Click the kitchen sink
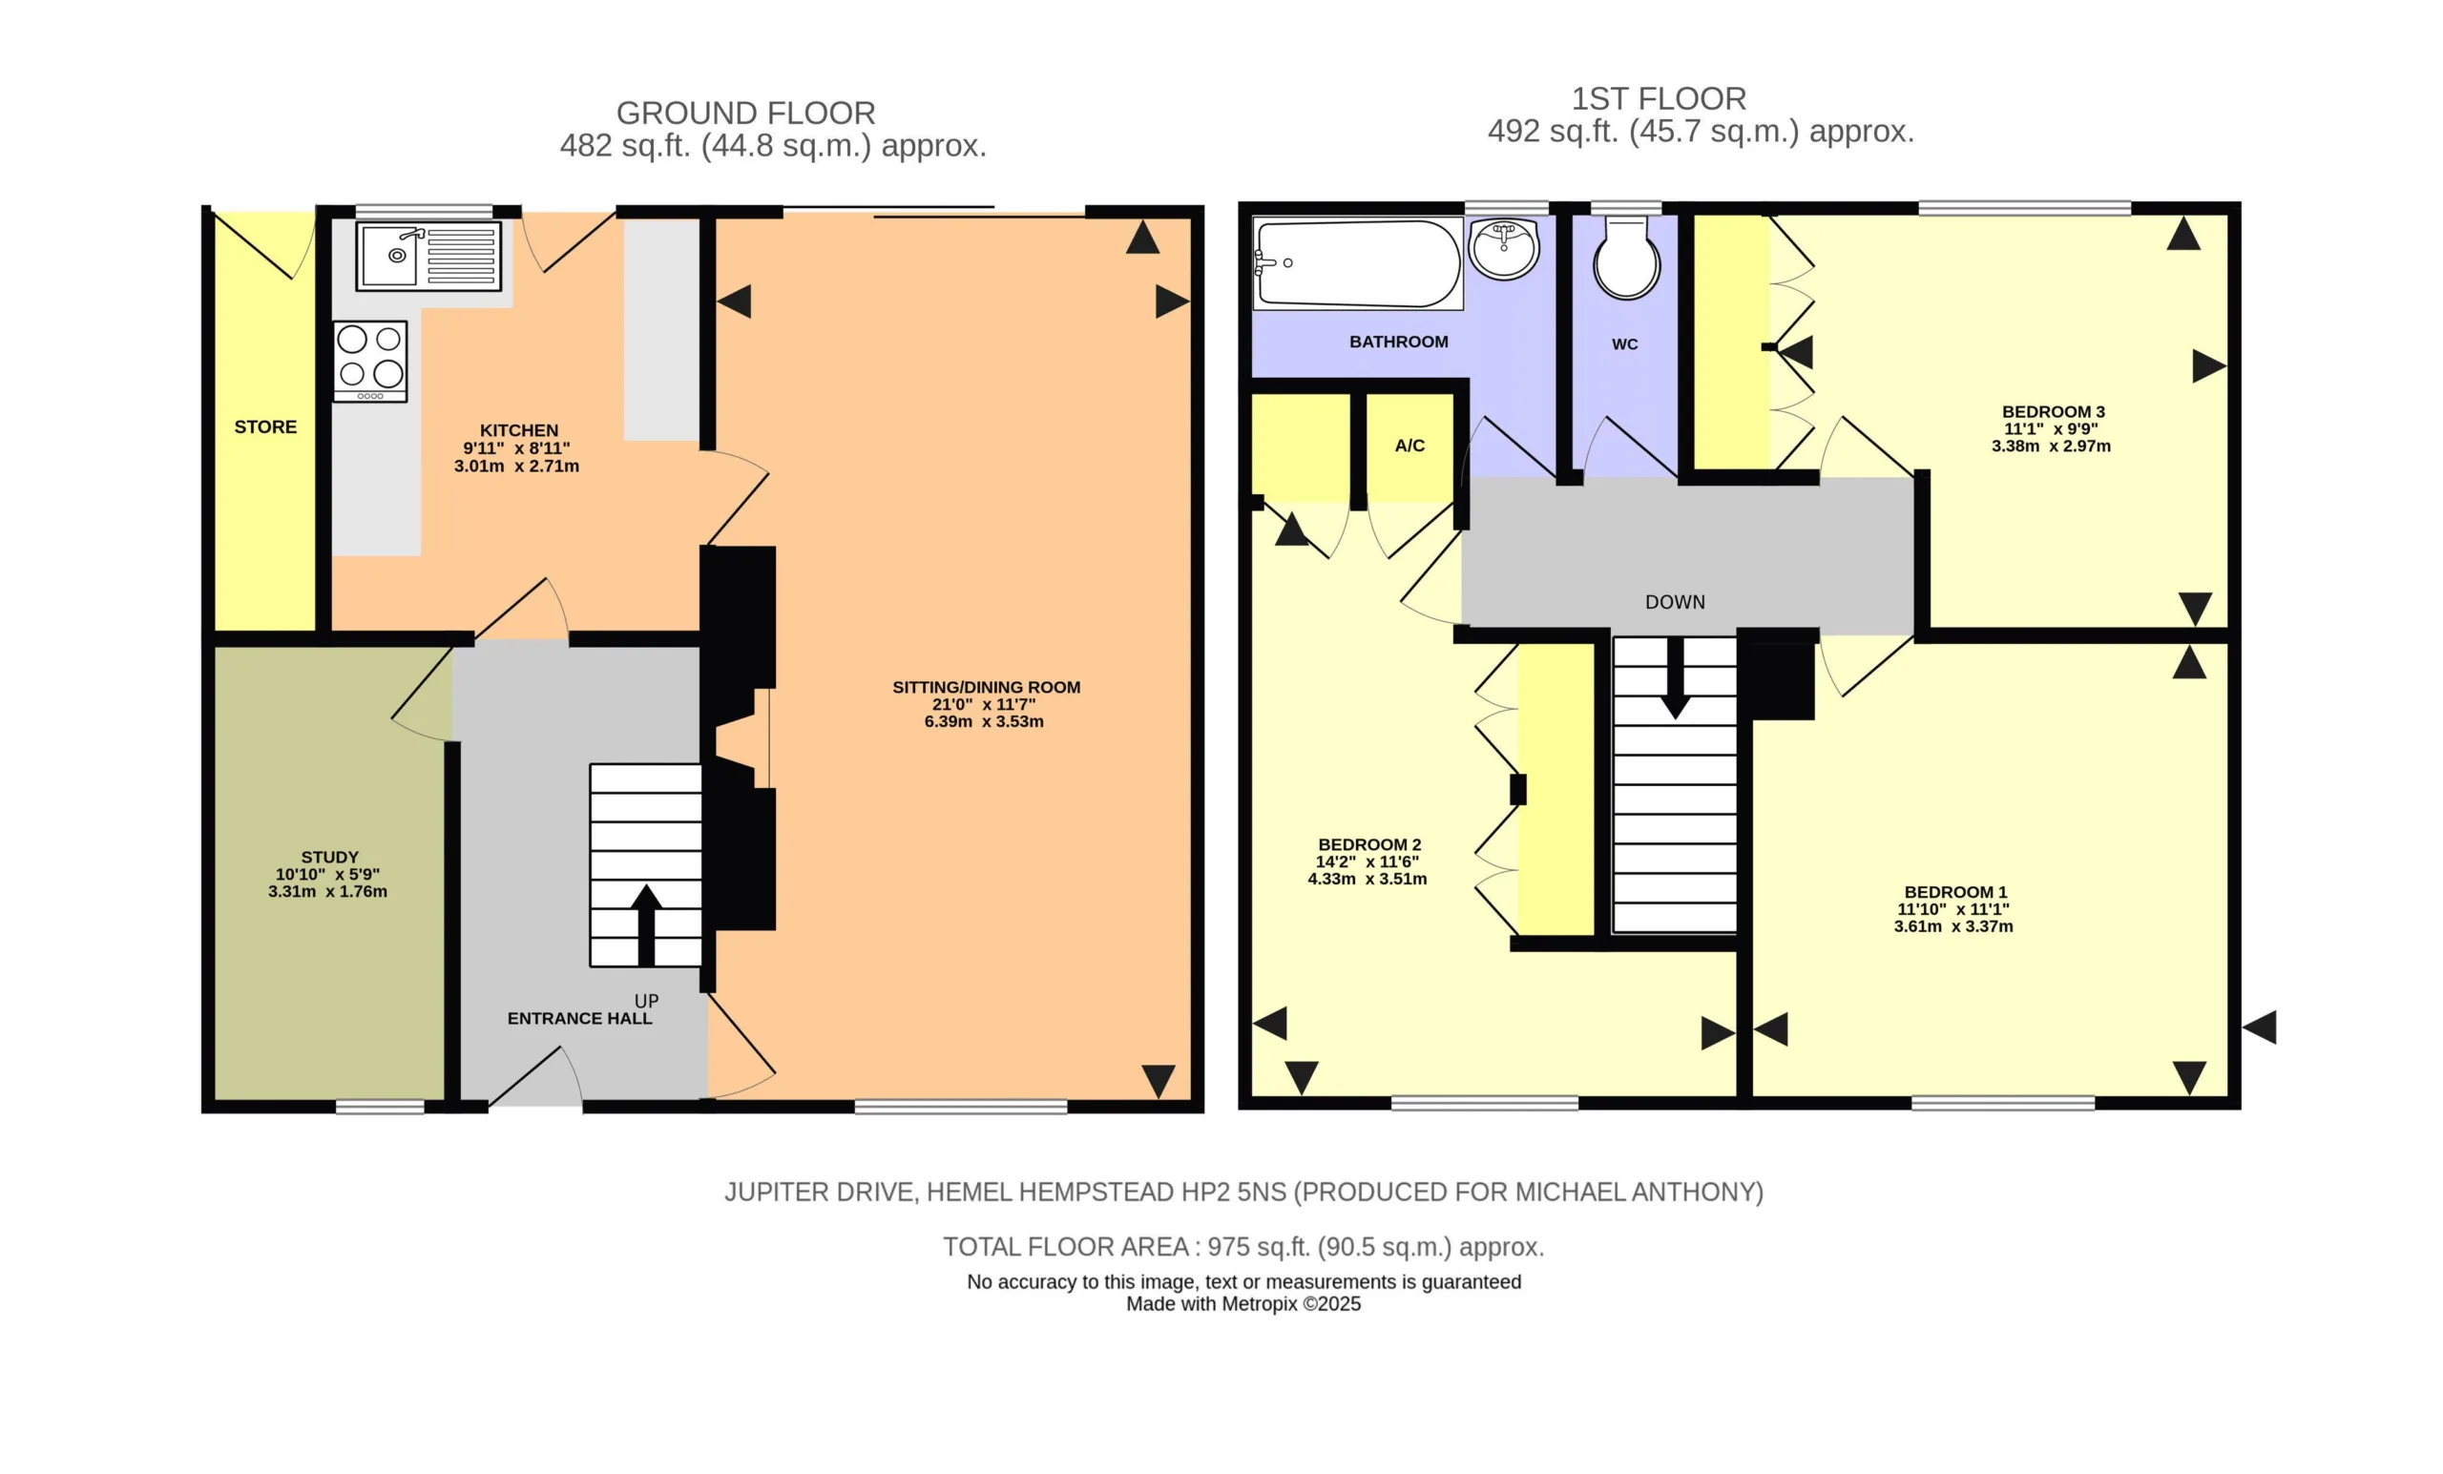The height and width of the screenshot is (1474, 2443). pos(428,256)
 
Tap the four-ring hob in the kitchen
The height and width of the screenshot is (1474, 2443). pos(370,361)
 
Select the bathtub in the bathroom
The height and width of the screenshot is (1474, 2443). pos(1357,263)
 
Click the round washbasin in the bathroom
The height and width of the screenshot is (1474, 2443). pos(1504,248)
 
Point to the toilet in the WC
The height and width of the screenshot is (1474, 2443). pos(1626,258)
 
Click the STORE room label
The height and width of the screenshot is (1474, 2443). pos(265,427)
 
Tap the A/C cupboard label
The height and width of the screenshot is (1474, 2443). pos(1409,446)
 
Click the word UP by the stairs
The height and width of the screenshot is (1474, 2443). pos(646,1001)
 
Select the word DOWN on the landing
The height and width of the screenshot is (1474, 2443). pos(1676,603)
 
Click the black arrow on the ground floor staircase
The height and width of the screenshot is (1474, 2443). pos(646,924)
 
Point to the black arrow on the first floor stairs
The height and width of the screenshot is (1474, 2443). pos(1676,678)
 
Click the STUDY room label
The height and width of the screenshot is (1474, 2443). pos(330,858)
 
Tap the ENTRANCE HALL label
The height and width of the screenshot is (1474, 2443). pos(580,1019)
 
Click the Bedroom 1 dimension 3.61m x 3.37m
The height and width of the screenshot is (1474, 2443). pos(1953,926)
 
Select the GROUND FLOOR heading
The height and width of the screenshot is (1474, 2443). pos(745,113)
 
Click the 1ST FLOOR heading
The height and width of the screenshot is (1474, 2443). pos(1659,99)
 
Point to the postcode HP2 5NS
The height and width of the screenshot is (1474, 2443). pos(1232,1193)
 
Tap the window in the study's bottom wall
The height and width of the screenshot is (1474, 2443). pos(380,1107)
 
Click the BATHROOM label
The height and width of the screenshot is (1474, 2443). pos(1399,342)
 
